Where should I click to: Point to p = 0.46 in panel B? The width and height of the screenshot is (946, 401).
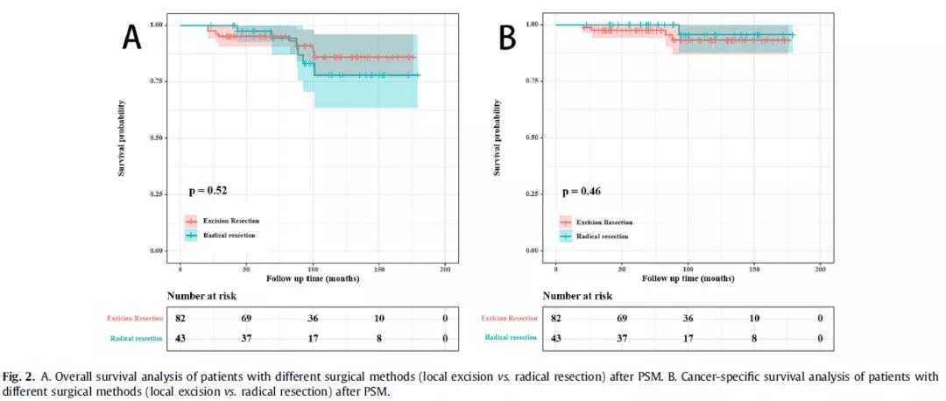[580, 190]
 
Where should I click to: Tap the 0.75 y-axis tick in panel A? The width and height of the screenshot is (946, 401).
[159, 81]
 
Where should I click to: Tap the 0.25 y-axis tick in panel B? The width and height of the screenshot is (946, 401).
[534, 194]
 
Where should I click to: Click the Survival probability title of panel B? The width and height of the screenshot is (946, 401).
[498, 137]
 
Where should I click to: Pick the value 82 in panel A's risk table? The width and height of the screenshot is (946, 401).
[180, 318]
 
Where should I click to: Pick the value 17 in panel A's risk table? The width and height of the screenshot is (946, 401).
[313, 338]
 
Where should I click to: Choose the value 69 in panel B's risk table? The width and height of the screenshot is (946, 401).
[622, 318]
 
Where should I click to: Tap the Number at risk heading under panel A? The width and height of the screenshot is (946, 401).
[201, 296]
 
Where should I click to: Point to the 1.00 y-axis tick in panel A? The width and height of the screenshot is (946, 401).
[159, 25]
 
